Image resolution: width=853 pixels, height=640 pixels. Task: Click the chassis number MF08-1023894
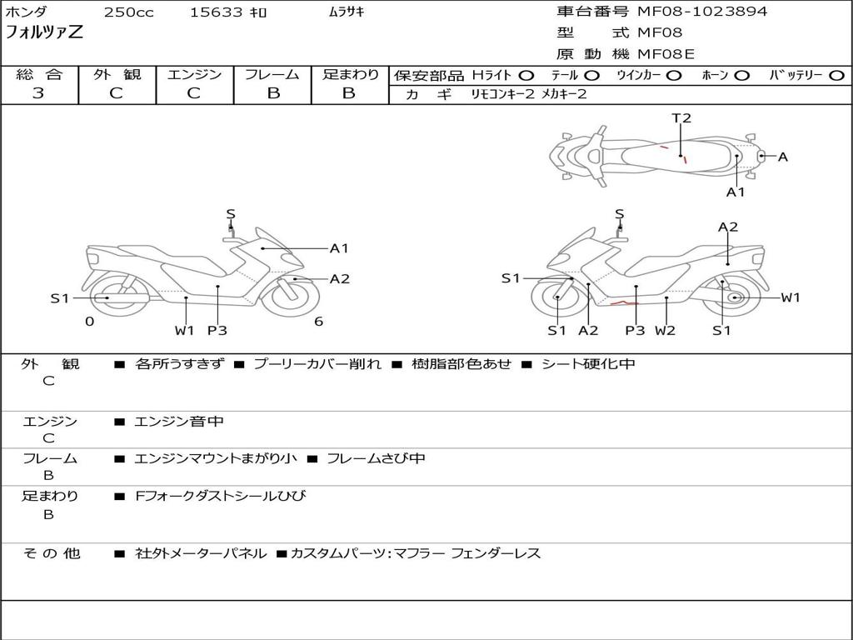coord(702,12)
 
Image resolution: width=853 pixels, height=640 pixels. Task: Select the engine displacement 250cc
coord(128,12)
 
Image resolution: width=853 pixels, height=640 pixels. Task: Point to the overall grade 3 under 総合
coord(38,93)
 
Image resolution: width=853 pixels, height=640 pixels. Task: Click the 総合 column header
coord(39,75)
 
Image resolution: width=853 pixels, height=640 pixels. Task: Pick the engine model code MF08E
coord(666,55)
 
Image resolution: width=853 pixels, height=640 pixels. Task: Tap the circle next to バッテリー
coord(836,76)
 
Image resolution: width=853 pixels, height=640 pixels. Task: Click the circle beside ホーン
coord(741,76)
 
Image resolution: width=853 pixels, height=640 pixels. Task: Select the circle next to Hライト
coord(526,76)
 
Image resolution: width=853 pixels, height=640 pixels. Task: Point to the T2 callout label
coord(681,118)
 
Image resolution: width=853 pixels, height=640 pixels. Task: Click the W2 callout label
coord(665,330)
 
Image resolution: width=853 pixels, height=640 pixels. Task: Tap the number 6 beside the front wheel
coord(318,322)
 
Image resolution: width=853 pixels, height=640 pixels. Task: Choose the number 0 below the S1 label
coord(89,322)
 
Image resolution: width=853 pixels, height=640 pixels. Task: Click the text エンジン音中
coord(178,422)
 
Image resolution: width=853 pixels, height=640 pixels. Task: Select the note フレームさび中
coord(376,458)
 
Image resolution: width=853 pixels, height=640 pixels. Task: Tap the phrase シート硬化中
coord(587,364)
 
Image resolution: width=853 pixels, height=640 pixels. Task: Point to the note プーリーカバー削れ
coord(317,364)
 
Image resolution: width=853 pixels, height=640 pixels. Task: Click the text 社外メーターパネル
coord(201,553)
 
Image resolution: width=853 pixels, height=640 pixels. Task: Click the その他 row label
coord(51,553)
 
